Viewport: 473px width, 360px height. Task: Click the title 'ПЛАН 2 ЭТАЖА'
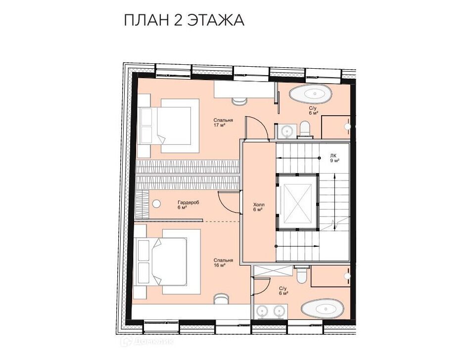184,20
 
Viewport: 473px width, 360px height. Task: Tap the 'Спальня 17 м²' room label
223,123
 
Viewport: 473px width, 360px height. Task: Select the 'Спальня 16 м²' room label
223,263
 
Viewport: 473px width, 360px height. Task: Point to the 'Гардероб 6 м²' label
188,205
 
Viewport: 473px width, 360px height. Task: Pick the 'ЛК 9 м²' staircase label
334,158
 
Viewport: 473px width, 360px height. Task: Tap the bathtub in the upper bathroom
311,94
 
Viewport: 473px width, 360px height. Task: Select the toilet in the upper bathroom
305,130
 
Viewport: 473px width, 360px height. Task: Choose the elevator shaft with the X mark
297,203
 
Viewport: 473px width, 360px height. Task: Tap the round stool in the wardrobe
156,204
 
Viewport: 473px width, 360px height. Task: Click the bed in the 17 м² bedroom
169,126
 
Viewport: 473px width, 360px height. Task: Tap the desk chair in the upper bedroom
239,101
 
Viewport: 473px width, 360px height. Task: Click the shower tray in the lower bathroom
273,271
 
